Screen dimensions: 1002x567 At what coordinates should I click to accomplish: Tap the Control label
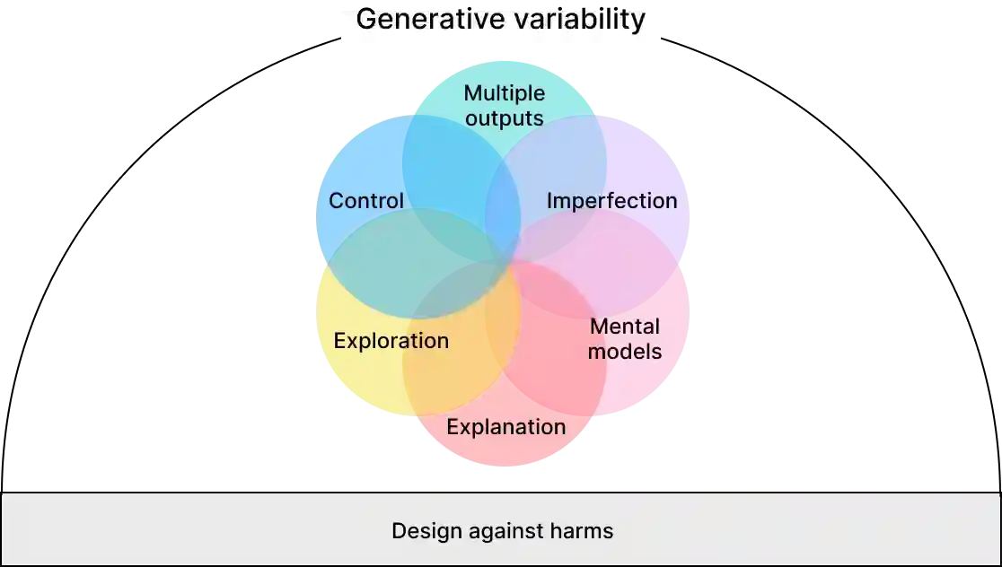[x=366, y=201]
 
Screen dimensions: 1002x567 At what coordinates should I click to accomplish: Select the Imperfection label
[x=611, y=201]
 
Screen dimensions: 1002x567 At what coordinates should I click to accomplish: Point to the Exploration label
[x=391, y=341]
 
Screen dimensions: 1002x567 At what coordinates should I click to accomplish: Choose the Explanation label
[x=505, y=427]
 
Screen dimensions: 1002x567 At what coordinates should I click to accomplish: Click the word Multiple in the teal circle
[x=504, y=93]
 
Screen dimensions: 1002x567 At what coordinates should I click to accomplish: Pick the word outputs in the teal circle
[x=504, y=118]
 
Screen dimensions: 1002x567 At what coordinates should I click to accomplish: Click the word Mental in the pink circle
[x=625, y=327]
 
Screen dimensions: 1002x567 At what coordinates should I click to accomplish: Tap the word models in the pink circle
[x=625, y=352]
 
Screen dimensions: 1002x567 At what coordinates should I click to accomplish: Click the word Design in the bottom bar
[x=422, y=531]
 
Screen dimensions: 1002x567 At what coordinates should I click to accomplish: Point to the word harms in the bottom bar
[x=583, y=531]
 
